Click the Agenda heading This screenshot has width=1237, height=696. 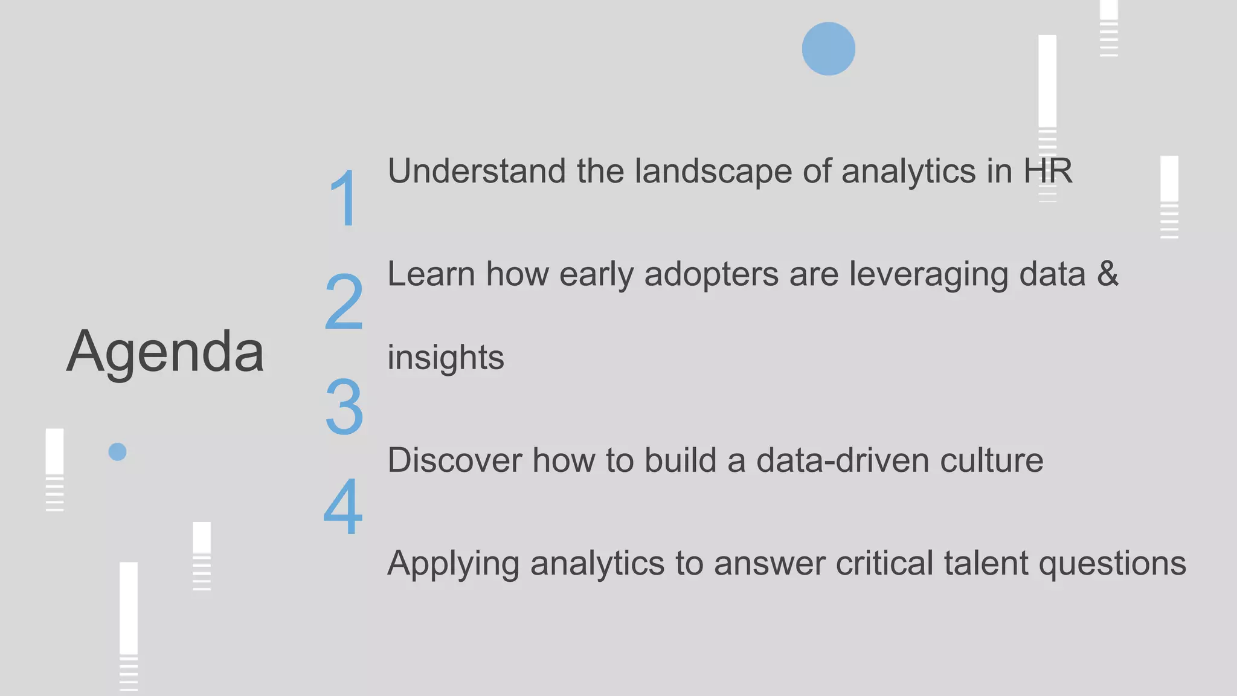pyautogui.click(x=165, y=352)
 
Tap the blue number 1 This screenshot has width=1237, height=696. pyautogui.click(x=344, y=198)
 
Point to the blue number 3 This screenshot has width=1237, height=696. pyautogui.click(x=344, y=406)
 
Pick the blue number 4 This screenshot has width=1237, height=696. pyautogui.click(x=343, y=506)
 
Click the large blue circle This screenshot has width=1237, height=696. pyautogui.click(x=828, y=49)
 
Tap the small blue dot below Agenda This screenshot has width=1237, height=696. pyautogui.click(x=117, y=452)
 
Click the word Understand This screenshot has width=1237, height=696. pyautogui.click(x=477, y=171)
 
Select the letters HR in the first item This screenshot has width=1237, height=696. pyautogui.click(x=1047, y=171)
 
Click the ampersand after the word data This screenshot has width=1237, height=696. pyautogui.click(x=1108, y=274)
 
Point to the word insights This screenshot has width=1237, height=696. pyautogui.click(x=446, y=358)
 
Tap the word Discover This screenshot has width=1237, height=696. pyautogui.click(x=454, y=460)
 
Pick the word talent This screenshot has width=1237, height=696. pyautogui.click(x=985, y=563)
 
